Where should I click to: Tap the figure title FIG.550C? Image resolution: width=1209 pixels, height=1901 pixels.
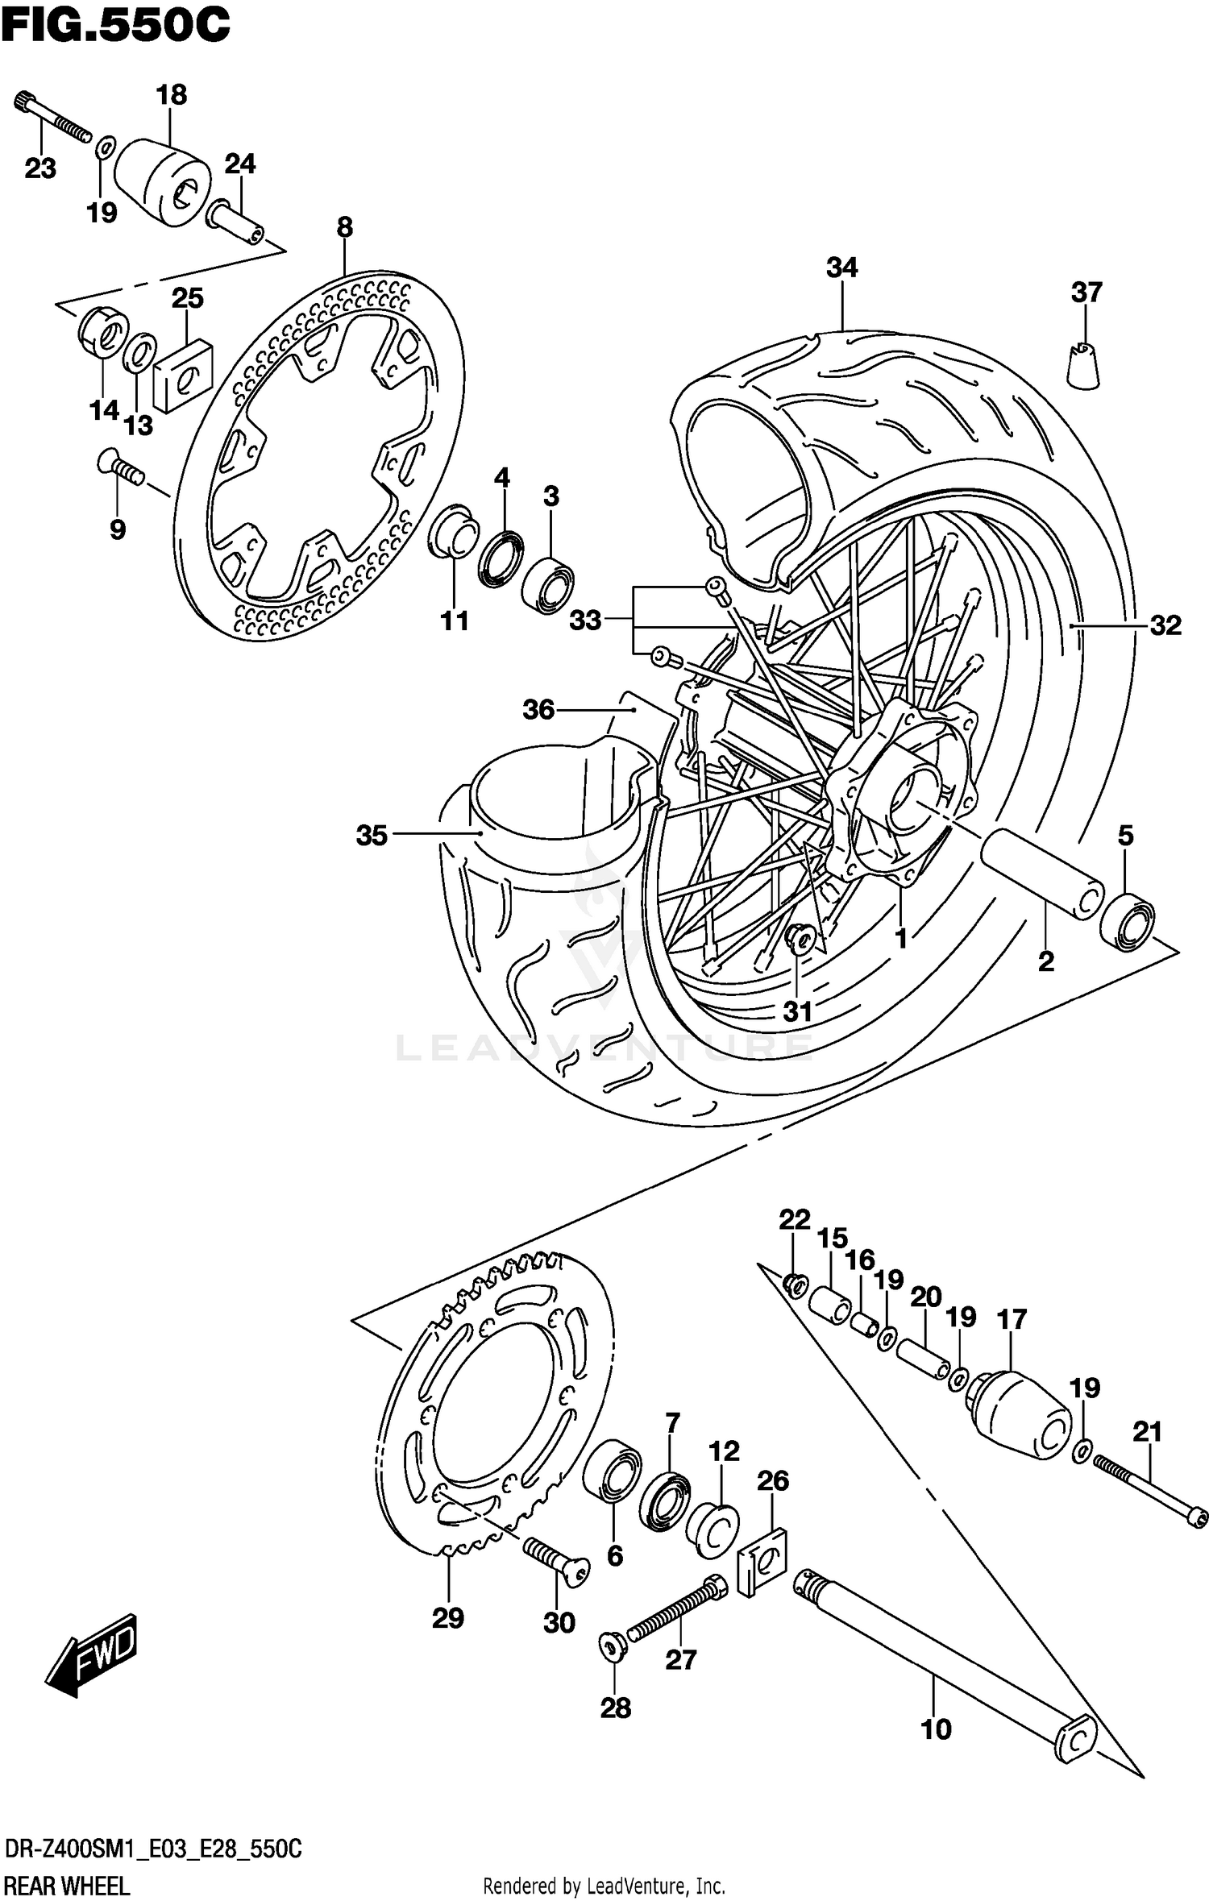click(x=116, y=26)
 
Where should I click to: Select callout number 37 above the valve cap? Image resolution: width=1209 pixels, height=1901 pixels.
click(x=1086, y=292)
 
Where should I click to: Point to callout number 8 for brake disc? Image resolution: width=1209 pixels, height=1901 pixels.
click(x=344, y=227)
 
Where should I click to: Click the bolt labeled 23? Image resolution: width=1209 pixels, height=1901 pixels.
click(x=53, y=118)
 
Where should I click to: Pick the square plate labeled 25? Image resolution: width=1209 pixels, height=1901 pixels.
click(x=183, y=375)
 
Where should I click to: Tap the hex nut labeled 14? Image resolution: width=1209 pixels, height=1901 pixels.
click(x=103, y=333)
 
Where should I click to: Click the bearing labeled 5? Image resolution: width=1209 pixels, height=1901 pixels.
click(x=1127, y=921)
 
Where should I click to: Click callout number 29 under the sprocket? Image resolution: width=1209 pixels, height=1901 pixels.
click(x=448, y=1617)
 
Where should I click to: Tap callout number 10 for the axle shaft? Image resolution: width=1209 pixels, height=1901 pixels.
click(x=935, y=1729)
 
